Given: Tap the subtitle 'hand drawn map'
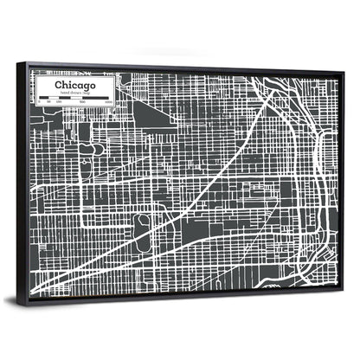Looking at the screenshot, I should point(74,93).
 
